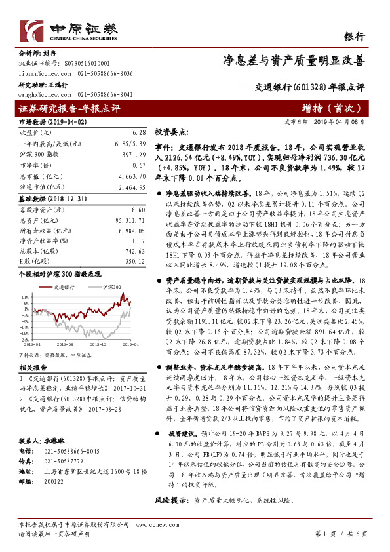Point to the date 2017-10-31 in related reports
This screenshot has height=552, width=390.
coord(128,389)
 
